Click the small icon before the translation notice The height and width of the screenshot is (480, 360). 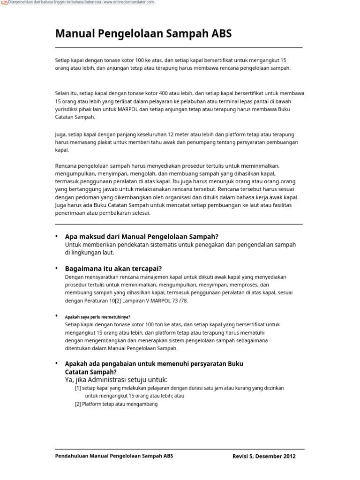click(x=4, y=3)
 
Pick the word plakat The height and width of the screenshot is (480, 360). click(x=105, y=142)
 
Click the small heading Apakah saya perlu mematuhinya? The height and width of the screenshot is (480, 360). click(x=97, y=317)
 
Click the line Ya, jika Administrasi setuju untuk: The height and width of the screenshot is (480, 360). click(x=116, y=379)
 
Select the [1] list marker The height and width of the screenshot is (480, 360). click(x=78, y=388)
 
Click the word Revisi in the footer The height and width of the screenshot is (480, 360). click(x=241, y=456)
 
